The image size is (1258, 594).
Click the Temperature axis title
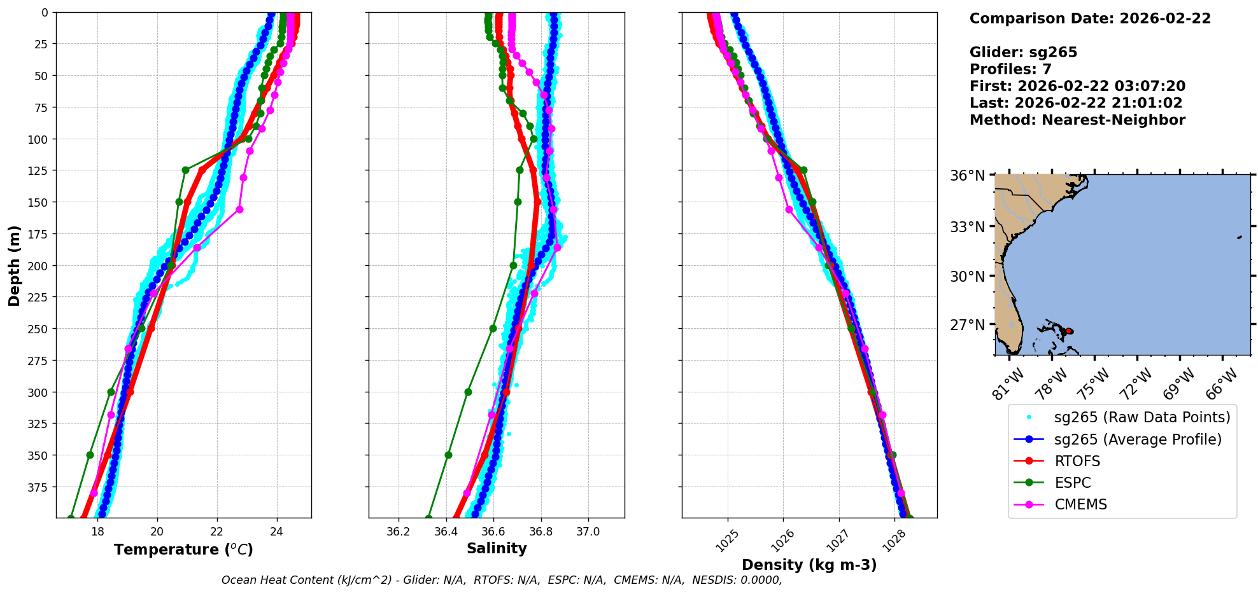[183, 549]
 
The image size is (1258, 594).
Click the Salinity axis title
[497, 548]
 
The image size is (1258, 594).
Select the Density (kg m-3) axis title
[809, 565]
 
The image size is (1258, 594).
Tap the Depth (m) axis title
[14, 265]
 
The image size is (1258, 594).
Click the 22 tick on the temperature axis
[216, 532]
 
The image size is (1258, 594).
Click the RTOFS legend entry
[1077, 461]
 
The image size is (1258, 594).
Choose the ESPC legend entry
[1073, 483]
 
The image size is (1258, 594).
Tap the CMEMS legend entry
[1080, 504]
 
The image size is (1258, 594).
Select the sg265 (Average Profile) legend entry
[1138, 439]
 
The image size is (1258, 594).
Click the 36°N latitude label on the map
[967, 176]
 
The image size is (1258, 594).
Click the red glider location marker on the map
[1069, 331]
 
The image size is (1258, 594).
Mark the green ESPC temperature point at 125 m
[185, 170]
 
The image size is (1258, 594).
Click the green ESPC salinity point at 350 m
[448, 455]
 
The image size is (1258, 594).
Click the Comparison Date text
[1090, 18]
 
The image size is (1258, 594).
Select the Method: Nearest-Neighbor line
[1077, 120]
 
